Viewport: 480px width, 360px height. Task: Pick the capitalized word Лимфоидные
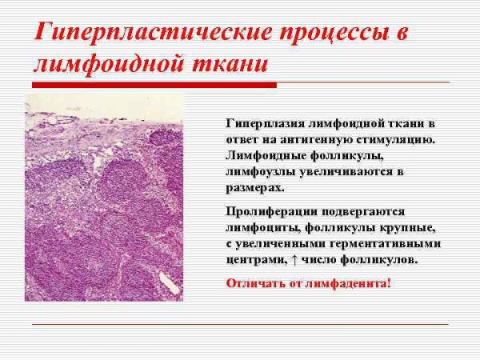(x=265, y=154)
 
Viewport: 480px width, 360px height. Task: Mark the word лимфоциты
(x=261, y=227)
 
